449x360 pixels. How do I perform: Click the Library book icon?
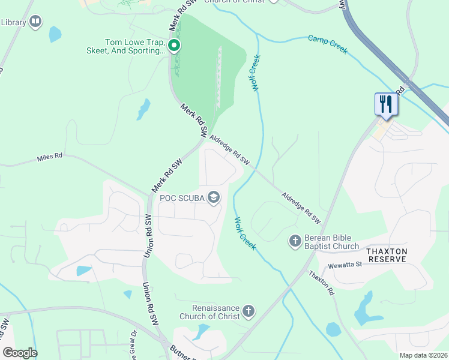tap(35, 22)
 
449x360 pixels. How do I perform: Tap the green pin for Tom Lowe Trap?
tap(174, 46)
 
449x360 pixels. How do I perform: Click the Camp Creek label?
tap(328, 44)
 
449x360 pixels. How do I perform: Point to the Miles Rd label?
tap(50, 157)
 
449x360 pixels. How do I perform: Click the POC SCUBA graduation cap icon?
tap(214, 197)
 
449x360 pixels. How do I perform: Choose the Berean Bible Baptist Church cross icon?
tap(295, 241)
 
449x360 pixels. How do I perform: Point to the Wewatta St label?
tap(340, 264)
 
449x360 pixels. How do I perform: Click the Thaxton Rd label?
tap(321, 283)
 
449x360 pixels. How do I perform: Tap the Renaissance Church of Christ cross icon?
tap(249, 312)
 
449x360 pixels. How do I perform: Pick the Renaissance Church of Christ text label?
tap(209, 312)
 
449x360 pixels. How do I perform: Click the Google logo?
tap(20, 353)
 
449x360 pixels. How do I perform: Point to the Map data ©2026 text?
tap(423, 355)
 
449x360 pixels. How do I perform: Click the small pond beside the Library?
tap(55, 34)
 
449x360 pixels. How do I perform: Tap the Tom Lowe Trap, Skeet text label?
tap(135, 47)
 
